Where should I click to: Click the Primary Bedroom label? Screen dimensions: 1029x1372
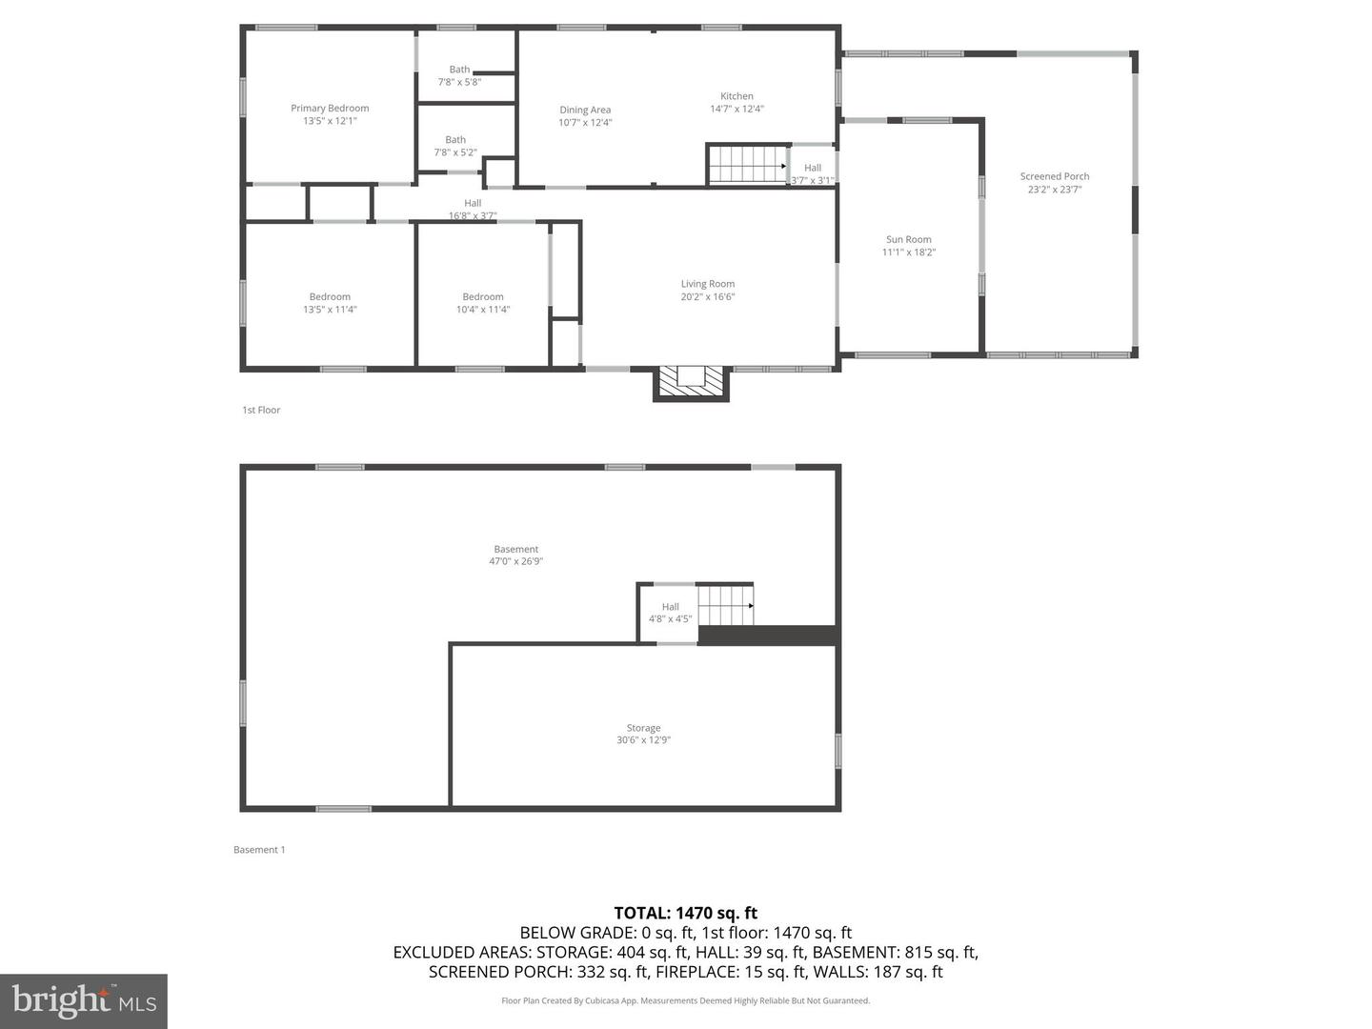[x=330, y=109]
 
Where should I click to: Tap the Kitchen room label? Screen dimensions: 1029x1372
[x=736, y=96]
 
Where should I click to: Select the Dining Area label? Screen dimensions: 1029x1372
[x=585, y=110]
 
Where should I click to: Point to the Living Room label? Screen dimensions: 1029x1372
[x=708, y=284]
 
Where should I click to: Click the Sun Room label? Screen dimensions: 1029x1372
[x=909, y=240]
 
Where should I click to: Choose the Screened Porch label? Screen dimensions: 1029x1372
[x=1055, y=176]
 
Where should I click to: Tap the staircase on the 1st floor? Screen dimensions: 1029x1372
[x=748, y=164]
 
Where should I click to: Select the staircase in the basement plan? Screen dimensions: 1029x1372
[x=726, y=605]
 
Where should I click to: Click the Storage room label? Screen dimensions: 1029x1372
[x=644, y=728]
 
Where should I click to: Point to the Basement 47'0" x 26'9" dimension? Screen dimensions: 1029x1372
[x=516, y=561]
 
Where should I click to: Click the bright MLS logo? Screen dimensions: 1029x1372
[x=84, y=1000]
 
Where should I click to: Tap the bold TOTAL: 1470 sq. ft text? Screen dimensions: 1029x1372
[x=686, y=913]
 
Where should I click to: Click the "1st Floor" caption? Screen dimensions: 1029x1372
[x=261, y=410]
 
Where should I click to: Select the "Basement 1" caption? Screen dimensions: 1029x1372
[x=259, y=850]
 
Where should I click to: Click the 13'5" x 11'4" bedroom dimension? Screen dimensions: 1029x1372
[x=330, y=310]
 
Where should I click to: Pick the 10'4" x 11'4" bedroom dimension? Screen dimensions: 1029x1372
[x=483, y=310]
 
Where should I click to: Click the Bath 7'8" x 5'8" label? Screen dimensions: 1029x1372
[x=459, y=75]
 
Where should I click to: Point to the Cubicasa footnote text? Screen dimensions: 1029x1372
[x=686, y=1000]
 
